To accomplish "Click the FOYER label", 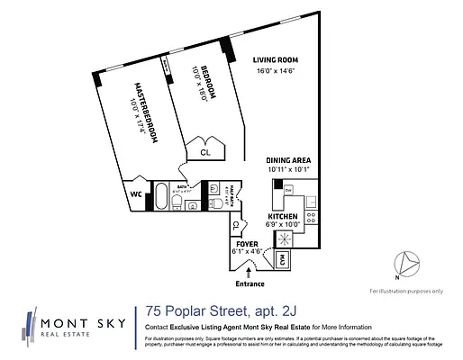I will pos(248,244).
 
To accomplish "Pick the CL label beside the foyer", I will pos(236,224).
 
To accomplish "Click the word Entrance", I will pos(250,284).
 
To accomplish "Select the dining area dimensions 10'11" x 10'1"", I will pos(287,169).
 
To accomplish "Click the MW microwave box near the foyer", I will pos(282,258).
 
